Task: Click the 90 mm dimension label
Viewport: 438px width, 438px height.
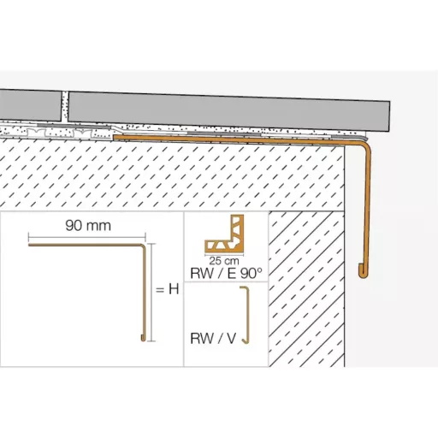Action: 88,226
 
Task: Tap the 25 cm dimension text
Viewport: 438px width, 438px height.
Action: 224,261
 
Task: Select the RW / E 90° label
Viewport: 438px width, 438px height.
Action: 226,274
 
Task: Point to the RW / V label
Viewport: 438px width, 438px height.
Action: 213,339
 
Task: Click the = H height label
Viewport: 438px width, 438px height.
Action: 168,289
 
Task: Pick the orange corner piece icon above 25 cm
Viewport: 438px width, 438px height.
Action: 224,234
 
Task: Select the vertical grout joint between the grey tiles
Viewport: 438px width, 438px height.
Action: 65,106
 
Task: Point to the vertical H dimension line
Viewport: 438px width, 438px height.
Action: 152,293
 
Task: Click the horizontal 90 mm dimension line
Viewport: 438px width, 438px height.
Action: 87,236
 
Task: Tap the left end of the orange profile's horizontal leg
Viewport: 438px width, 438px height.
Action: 115,137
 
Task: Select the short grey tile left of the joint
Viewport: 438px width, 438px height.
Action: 30,104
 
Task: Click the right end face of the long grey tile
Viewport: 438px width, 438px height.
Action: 389,116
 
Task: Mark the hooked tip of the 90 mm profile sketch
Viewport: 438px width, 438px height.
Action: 143,339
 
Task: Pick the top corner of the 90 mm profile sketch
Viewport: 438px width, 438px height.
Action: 143,246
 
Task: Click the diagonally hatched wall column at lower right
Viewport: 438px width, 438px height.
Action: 306,288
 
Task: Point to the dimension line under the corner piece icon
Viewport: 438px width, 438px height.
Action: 224,256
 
